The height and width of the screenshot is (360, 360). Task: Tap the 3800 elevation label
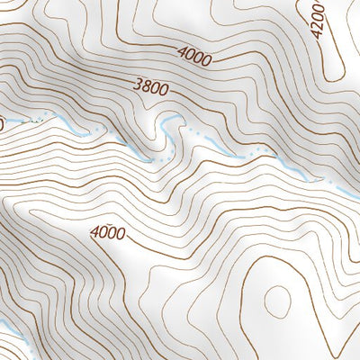pos(150,87)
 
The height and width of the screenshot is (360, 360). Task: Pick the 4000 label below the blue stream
pos(108,232)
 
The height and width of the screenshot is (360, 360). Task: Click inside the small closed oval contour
pos(277,297)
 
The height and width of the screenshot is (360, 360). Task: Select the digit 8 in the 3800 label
pos(146,86)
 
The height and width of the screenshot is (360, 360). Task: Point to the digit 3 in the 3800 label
pos(137,85)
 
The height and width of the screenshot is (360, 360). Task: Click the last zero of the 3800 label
pos(164,90)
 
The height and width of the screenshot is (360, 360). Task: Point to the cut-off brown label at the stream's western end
pos(2,121)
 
